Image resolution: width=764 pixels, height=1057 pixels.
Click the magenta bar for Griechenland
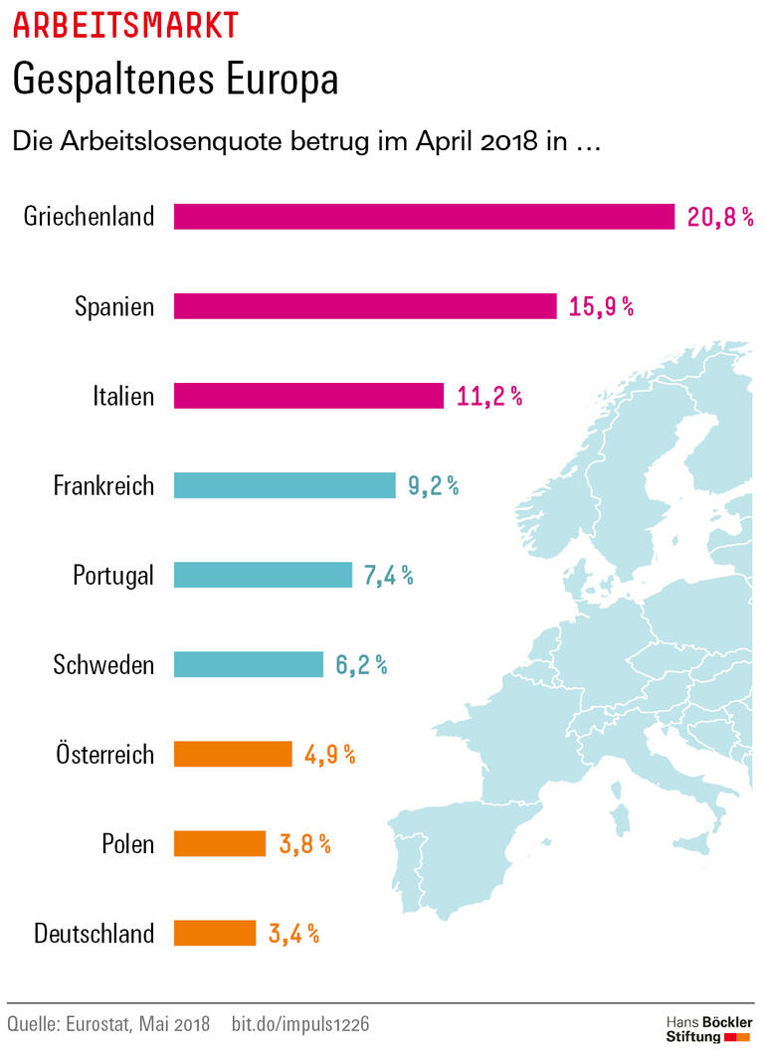(424, 217)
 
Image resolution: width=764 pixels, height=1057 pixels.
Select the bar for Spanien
(365, 306)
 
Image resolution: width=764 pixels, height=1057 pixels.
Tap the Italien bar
(308, 396)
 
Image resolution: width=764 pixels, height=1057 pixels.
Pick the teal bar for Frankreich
(285, 485)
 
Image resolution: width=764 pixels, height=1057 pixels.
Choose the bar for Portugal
(263, 575)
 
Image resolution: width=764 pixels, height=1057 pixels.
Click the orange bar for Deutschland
(215, 933)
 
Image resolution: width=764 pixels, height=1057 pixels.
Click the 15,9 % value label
(601, 306)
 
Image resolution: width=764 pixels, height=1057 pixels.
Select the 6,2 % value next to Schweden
(361, 664)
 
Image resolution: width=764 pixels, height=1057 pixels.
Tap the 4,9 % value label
(330, 754)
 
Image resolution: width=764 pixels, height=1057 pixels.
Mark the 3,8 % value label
(304, 843)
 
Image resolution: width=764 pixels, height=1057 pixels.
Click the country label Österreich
(104, 754)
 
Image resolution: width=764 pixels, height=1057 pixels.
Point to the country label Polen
(127, 844)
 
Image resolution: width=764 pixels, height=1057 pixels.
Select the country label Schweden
(103, 664)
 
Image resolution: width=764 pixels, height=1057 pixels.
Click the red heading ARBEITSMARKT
(125, 24)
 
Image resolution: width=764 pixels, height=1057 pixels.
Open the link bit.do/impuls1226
(300, 1023)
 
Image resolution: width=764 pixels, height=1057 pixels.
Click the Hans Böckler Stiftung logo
(708, 1029)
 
